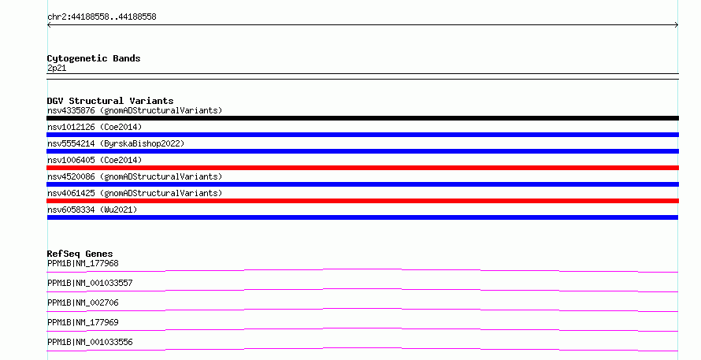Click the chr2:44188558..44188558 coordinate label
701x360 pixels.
102,17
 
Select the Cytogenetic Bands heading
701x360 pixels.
94,58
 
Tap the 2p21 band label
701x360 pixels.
57,68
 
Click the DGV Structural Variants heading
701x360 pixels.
110,101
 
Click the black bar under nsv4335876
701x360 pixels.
362,118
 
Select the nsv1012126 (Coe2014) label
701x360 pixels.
95,127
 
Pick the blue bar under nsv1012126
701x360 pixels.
362,135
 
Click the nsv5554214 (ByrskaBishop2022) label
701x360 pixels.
116,143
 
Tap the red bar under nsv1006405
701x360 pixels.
362,168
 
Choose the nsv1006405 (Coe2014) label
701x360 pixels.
95,160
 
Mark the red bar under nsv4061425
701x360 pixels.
362,201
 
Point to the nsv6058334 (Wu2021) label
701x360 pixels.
92,210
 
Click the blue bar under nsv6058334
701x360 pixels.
362,217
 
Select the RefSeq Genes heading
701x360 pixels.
80,254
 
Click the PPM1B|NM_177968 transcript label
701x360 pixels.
83,263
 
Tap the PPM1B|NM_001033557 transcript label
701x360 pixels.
90,283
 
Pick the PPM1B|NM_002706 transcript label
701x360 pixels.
83,302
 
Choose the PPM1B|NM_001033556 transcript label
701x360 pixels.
90,342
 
